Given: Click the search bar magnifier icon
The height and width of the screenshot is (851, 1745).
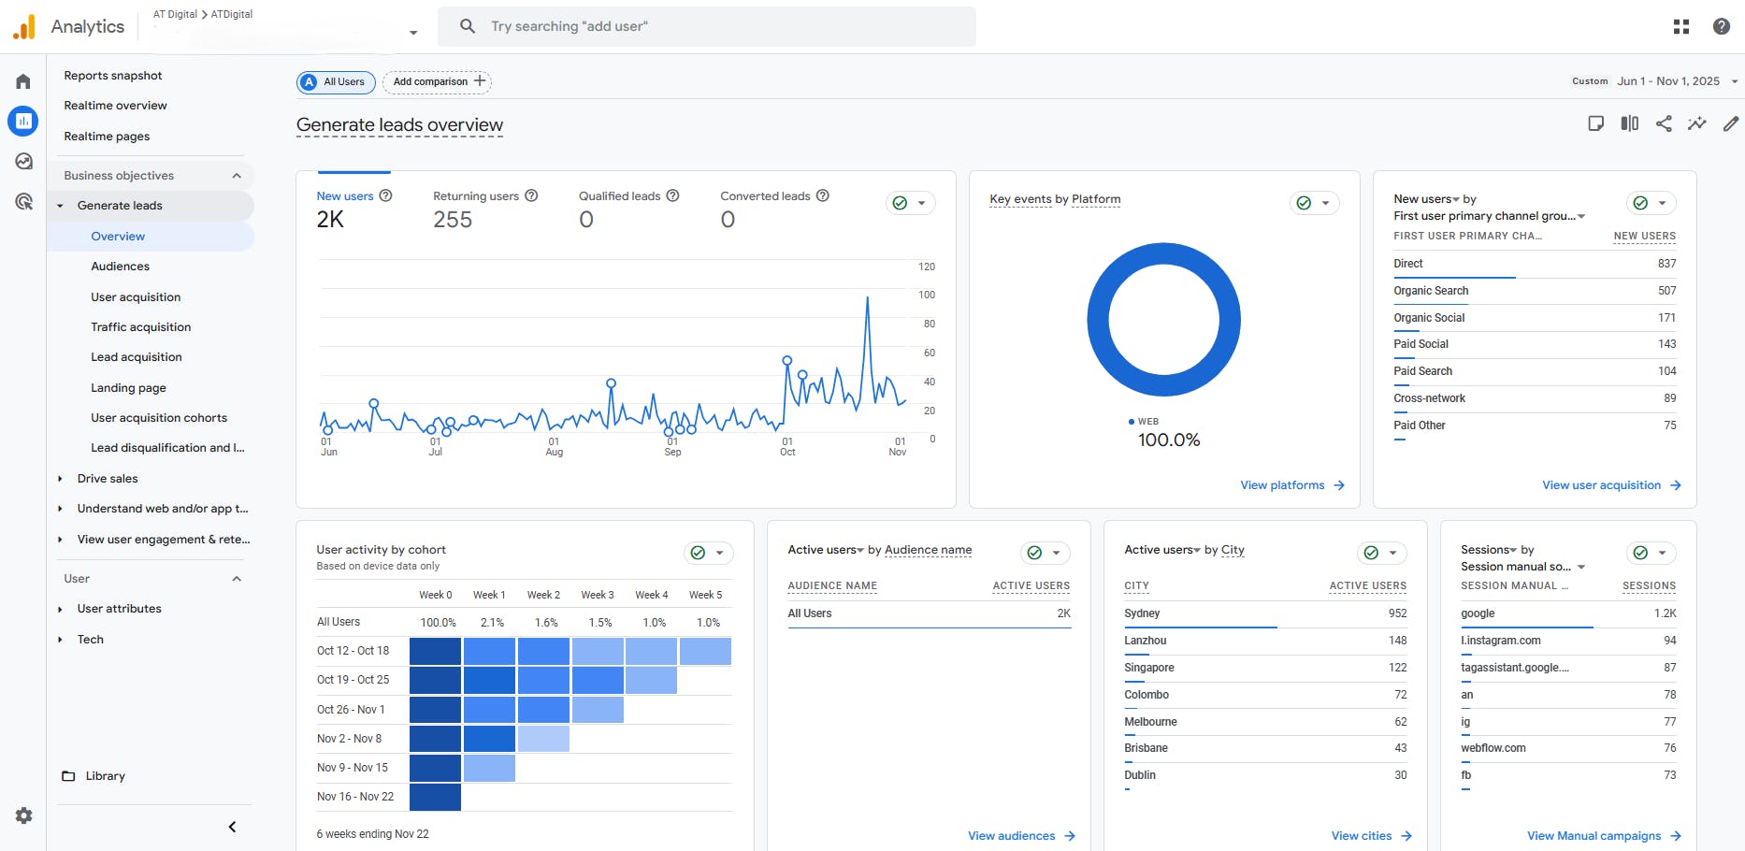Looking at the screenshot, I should click(468, 26).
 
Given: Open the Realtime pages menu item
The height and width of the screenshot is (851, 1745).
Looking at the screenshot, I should click(107, 137).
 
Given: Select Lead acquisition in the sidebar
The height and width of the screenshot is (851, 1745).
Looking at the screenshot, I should click(137, 357).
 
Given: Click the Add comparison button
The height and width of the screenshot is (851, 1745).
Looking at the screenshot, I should click(438, 82).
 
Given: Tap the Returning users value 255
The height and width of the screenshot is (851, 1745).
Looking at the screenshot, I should click(453, 220).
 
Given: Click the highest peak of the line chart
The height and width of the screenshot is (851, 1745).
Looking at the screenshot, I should click(868, 297).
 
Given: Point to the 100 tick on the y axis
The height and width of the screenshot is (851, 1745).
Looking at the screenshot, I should click(926, 295).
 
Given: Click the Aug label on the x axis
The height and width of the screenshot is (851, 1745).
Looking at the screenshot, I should click(554, 453).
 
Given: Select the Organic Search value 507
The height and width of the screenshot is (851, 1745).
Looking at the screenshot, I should click(1666, 291).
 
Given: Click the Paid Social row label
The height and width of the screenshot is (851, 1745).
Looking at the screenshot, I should click(1421, 344).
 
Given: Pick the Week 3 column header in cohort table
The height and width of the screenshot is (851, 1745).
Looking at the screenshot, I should click(598, 595).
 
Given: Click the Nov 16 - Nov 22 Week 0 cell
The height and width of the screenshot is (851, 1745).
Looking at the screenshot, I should click(435, 797).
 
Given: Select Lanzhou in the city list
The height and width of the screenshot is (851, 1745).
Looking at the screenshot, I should click(1145, 641).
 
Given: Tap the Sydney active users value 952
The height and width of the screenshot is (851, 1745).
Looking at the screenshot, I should click(1397, 613).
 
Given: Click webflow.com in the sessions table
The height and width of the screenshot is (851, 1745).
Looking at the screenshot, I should click(1493, 748).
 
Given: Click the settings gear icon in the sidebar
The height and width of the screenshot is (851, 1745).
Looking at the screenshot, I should click(24, 815).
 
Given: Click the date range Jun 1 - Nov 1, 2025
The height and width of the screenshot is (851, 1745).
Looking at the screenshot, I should click(1668, 81).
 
